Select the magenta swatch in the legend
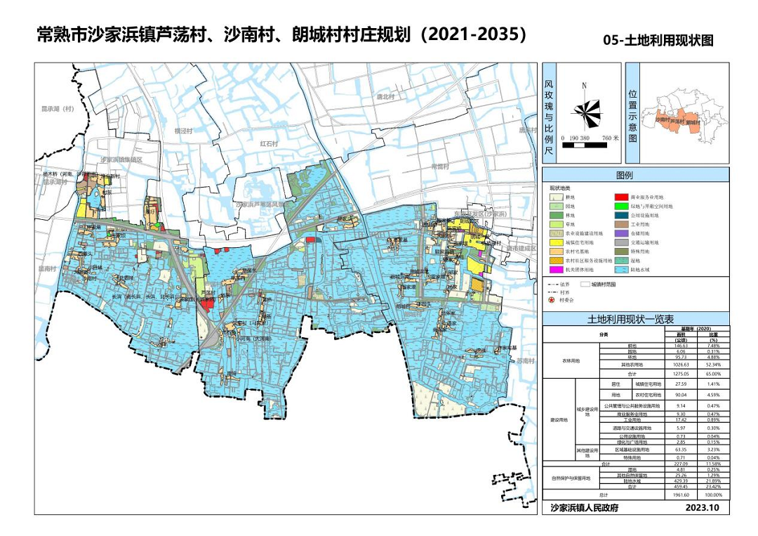tap(557, 270)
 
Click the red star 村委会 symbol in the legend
tap(552, 299)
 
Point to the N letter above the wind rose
tap(584, 85)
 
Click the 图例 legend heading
tap(625, 175)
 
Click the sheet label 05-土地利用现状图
tap(658, 41)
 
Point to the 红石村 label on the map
tap(270, 143)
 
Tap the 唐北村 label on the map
tap(385, 96)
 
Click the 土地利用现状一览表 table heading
tap(636, 320)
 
